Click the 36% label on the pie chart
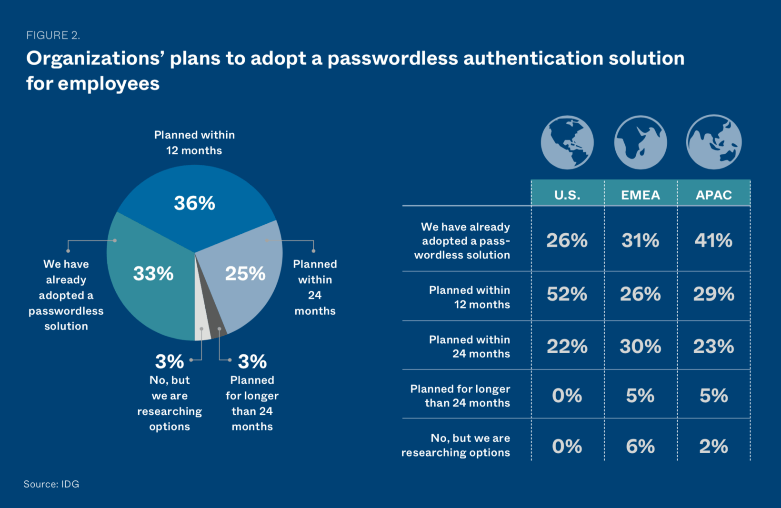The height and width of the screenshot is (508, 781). pyautogui.click(x=194, y=203)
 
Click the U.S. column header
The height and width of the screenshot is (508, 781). pyautogui.click(x=567, y=195)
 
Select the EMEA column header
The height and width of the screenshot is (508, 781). pyautogui.click(x=641, y=195)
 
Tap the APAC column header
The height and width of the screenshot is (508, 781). pyautogui.click(x=713, y=195)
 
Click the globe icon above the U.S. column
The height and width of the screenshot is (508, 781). pyautogui.click(x=567, y=142)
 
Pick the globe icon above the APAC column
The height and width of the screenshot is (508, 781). pyautogui.click(x=713, y=142)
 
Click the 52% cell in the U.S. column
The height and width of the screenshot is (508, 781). pyautogui.click(x=567, y=294)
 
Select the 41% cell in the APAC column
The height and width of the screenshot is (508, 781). pyautogui.click(x=713, y=240)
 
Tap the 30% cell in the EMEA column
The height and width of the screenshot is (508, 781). pyautogui.click(x=641, y=346)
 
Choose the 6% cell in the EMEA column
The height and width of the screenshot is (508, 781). pyautogui.click(x=641, y=446)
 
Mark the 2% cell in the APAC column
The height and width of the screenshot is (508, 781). pyautogui.click(x=713, y=446)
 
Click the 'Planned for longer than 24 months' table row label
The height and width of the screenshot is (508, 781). pyautogui.click(x=460, y=396)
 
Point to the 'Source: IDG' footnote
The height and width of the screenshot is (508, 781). pyautogui.click(x=51, y=484)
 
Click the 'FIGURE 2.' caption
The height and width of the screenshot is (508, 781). pyautogui.click(x=53, y=35)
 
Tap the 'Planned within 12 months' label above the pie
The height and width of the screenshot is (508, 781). pyautogui.click(x=194, y=142)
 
